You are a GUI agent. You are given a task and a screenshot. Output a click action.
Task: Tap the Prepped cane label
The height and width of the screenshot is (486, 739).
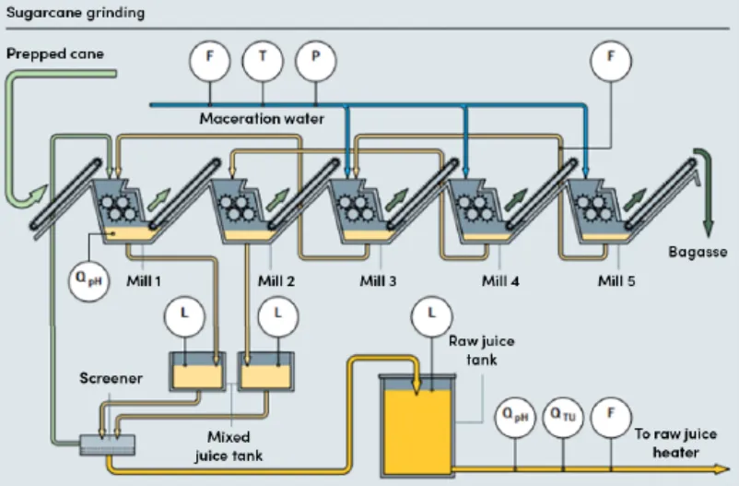pos(55,53)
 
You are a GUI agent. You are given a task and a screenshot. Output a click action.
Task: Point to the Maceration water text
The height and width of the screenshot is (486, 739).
pos(262,118)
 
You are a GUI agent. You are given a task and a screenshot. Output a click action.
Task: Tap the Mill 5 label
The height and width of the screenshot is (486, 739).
pos(616,281)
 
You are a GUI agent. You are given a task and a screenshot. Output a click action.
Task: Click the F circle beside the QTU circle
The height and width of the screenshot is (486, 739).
pos(609,417)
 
